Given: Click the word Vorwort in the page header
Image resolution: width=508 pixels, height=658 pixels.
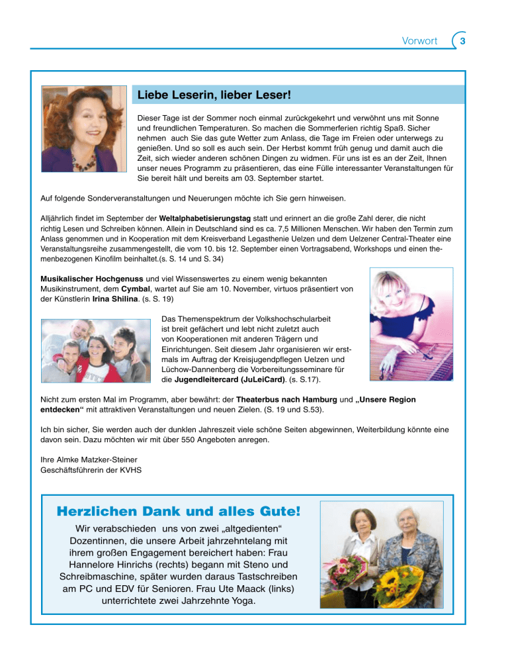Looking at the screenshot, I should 419,41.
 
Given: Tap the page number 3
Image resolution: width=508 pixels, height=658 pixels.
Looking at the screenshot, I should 462,41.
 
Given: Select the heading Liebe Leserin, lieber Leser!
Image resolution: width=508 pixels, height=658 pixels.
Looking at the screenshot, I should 214,95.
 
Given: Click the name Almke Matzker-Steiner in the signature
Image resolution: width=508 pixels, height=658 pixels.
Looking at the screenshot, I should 93,460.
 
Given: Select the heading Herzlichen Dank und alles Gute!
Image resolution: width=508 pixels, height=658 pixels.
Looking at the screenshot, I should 179,512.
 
